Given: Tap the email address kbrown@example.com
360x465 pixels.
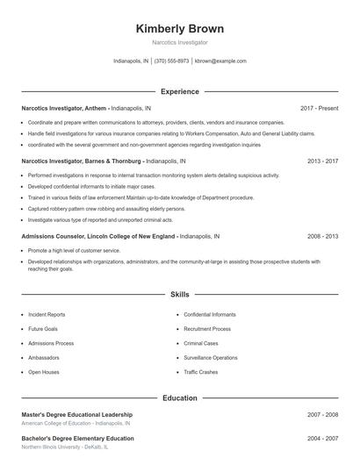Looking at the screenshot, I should [x=220, y=61].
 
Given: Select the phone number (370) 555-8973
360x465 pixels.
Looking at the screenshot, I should [x=171, y=61].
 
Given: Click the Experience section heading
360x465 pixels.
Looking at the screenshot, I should [x=179, y=91].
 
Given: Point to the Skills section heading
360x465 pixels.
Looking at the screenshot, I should [x=179, y=296].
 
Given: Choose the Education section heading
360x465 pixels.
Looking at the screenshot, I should [x=179, y=397].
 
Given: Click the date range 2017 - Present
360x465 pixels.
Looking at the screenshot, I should [x=319, y=108].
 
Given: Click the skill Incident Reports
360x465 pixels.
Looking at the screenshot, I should [x=47, y=314].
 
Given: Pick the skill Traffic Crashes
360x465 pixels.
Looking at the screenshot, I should [x=202, y=372].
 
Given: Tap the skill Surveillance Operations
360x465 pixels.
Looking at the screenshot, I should [x=211, y=358].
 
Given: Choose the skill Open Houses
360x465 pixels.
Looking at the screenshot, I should [x=43, y=372].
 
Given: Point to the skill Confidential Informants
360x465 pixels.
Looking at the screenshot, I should [x=211, y=314].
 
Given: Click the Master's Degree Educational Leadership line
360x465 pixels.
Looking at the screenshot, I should [x=77, y=414].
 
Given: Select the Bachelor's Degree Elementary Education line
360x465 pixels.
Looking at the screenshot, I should [x=77, y=438].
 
